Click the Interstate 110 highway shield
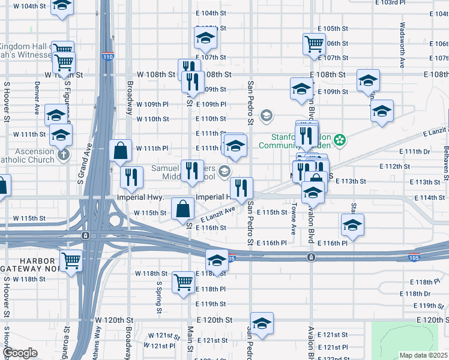tap(108, 56)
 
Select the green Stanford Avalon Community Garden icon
tap(340, 140)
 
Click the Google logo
tap(20, 353)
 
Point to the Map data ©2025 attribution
tap(423, 355)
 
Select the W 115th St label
tap(149, 212)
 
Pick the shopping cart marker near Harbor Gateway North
tap(71, 261)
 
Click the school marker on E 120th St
tap(262, 323)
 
